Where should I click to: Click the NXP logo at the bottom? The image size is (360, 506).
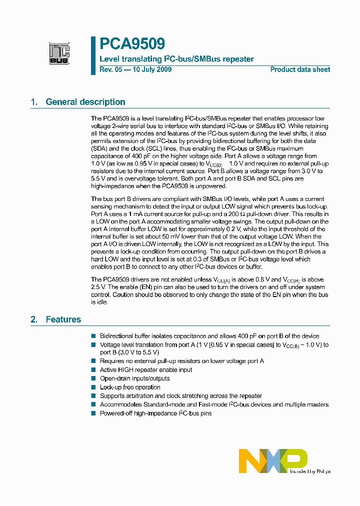[x=273, y=460]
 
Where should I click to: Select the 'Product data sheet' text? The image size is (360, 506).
[x=300, y=69]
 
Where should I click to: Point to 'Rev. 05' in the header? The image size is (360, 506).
[x=110, y=69]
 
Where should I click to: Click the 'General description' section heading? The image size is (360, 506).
[x=85, y=102]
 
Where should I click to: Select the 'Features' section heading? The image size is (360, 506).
[x=63, y=319]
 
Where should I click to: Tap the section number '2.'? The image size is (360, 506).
[x=34, y=319]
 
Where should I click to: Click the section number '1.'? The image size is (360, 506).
[x=34, y=102]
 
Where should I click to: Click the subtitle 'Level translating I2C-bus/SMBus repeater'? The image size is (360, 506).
[x=177, y=59]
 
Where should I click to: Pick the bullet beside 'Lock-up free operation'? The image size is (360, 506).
[x=93, y=387]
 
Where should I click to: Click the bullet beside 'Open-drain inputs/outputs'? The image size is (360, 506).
[x=93, y=379]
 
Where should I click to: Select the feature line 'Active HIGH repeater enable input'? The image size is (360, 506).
[x=146, y=370]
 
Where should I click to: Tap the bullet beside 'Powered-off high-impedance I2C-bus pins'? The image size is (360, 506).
[x=93, y=413]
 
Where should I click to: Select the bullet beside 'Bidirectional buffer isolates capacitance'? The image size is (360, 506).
[x=93, y=336]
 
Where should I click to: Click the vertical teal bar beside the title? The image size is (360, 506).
[x=93, y=55]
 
